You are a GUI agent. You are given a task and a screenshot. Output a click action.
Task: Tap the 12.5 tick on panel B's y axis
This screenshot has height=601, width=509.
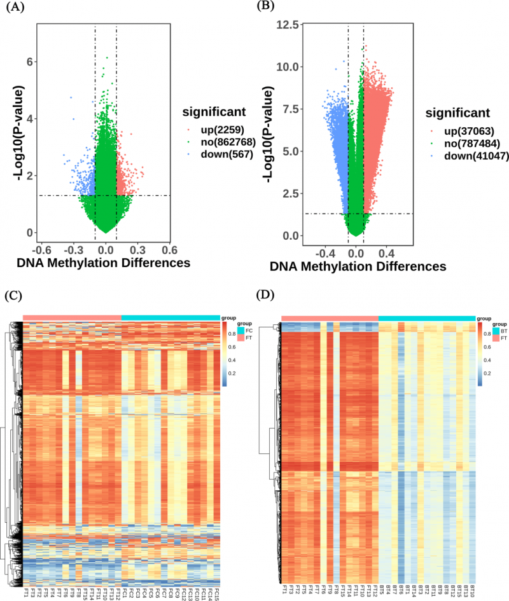click(291, 25)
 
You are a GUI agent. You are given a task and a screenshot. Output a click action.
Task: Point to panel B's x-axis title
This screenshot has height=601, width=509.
click(358, 266)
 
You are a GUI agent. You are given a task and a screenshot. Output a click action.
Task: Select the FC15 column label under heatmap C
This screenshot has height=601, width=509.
click(216, 588)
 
